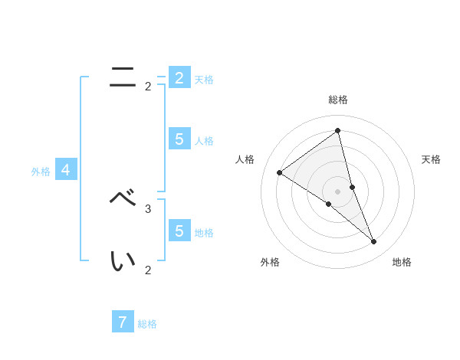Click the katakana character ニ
pyautogui.click(x=123, y=77)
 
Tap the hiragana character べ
pyautogui.click(x=123, y=198)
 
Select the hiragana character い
pyautogui.click(x=123, y=260)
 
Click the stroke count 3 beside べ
pyautogui.click(x=148, y=208)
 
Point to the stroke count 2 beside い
pyautogui.click(x=148, y=270)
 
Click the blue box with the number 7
pyautogui.click(x=123, y=322)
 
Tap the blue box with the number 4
pyautogui.click(x=66, y=170)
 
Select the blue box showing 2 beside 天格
pyautogui.click(x=179, y=77)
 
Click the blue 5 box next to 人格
pyautogui.click(x=179, y=139)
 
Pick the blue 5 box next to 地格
pyautogui.click(x=179, y=230)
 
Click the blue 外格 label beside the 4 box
pyautogui.click(x=41, y=172)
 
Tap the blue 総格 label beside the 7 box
pyautogui.click(x=147, y=324)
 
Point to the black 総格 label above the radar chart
pyautogui.click(x=338, y=100)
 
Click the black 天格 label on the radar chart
pyautogui.click(x=431, y=159)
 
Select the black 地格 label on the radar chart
pyautogui.click(x=402, y=262)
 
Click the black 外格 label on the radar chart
pyautogui.click(x=270, y=262)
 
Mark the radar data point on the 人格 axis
pyautogui.click(x=279, y=172)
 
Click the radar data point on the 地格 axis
pyautogui.click(x=374, y=242)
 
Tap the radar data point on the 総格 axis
pyautogui.click(x=337, y=130)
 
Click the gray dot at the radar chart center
pyautogui.click(x=337, y=191)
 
